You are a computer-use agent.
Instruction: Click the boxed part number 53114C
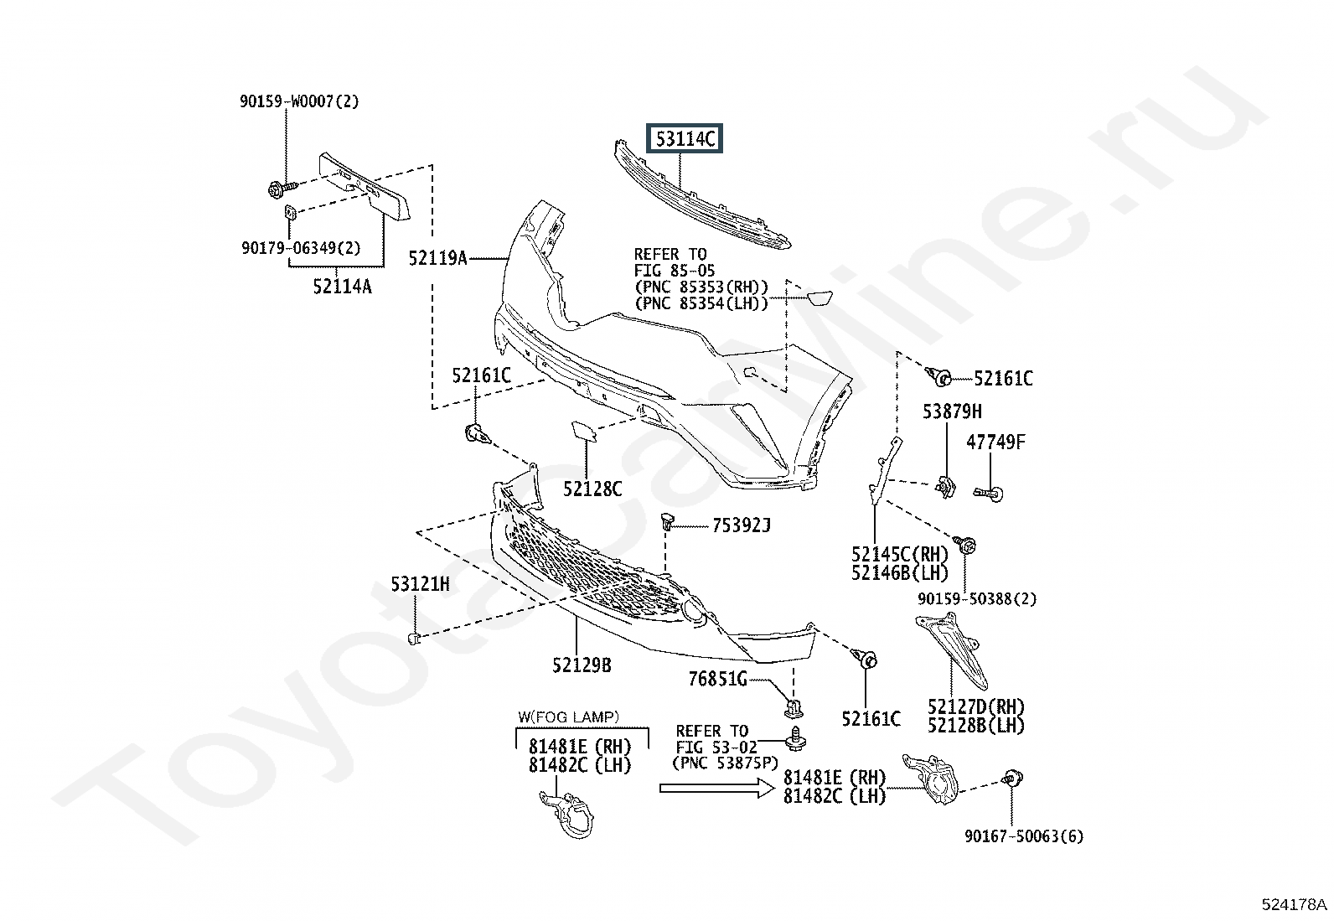pyautogui.click(x=685, y=139)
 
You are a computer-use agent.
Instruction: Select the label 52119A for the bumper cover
pyautogui.click(x=437, y=258)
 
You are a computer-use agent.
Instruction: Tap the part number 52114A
pyautogui.click(x=343, y=287)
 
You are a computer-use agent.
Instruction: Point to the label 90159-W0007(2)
pyautogui.click(x=299, y=101)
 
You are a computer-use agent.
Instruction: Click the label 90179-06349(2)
pyautogui.click(x=302, y=247)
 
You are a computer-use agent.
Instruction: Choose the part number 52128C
pyautogui.click(x=592, y=489)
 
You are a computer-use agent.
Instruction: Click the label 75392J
pyautogui.click(x=742, y=525)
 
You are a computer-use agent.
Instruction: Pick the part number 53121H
pyautogui.click(x=421, y=584)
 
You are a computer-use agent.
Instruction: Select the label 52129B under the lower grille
pyautogui.click(x=582, y=665)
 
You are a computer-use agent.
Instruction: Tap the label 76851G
pyautogui.click(x=717, y=679)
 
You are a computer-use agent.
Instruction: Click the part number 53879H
pyautogui.click(x=952, y=411)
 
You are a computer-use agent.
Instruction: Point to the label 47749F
pyautogui.click(x=995, y=442)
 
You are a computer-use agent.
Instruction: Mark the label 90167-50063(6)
pyautogui.click(x=1024, y=836)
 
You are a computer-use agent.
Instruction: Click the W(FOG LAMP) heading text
pyautogui.click(x=569, y=717)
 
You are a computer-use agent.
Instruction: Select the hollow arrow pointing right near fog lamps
pyautogui.click(x=717, y=788)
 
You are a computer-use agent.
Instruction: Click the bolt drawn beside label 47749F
pyautogui.click(x=989, y=494)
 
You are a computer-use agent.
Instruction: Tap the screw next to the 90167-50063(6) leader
pyautogui.click(x=1012, y=778)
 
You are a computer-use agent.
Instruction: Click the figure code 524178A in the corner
pyautogui.click(x=1294, y=904)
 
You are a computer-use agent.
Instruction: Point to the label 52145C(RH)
pyautogui.click(x=900, y=554)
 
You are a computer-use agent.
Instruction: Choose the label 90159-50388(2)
pyautogui.click(x=977, y=598)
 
